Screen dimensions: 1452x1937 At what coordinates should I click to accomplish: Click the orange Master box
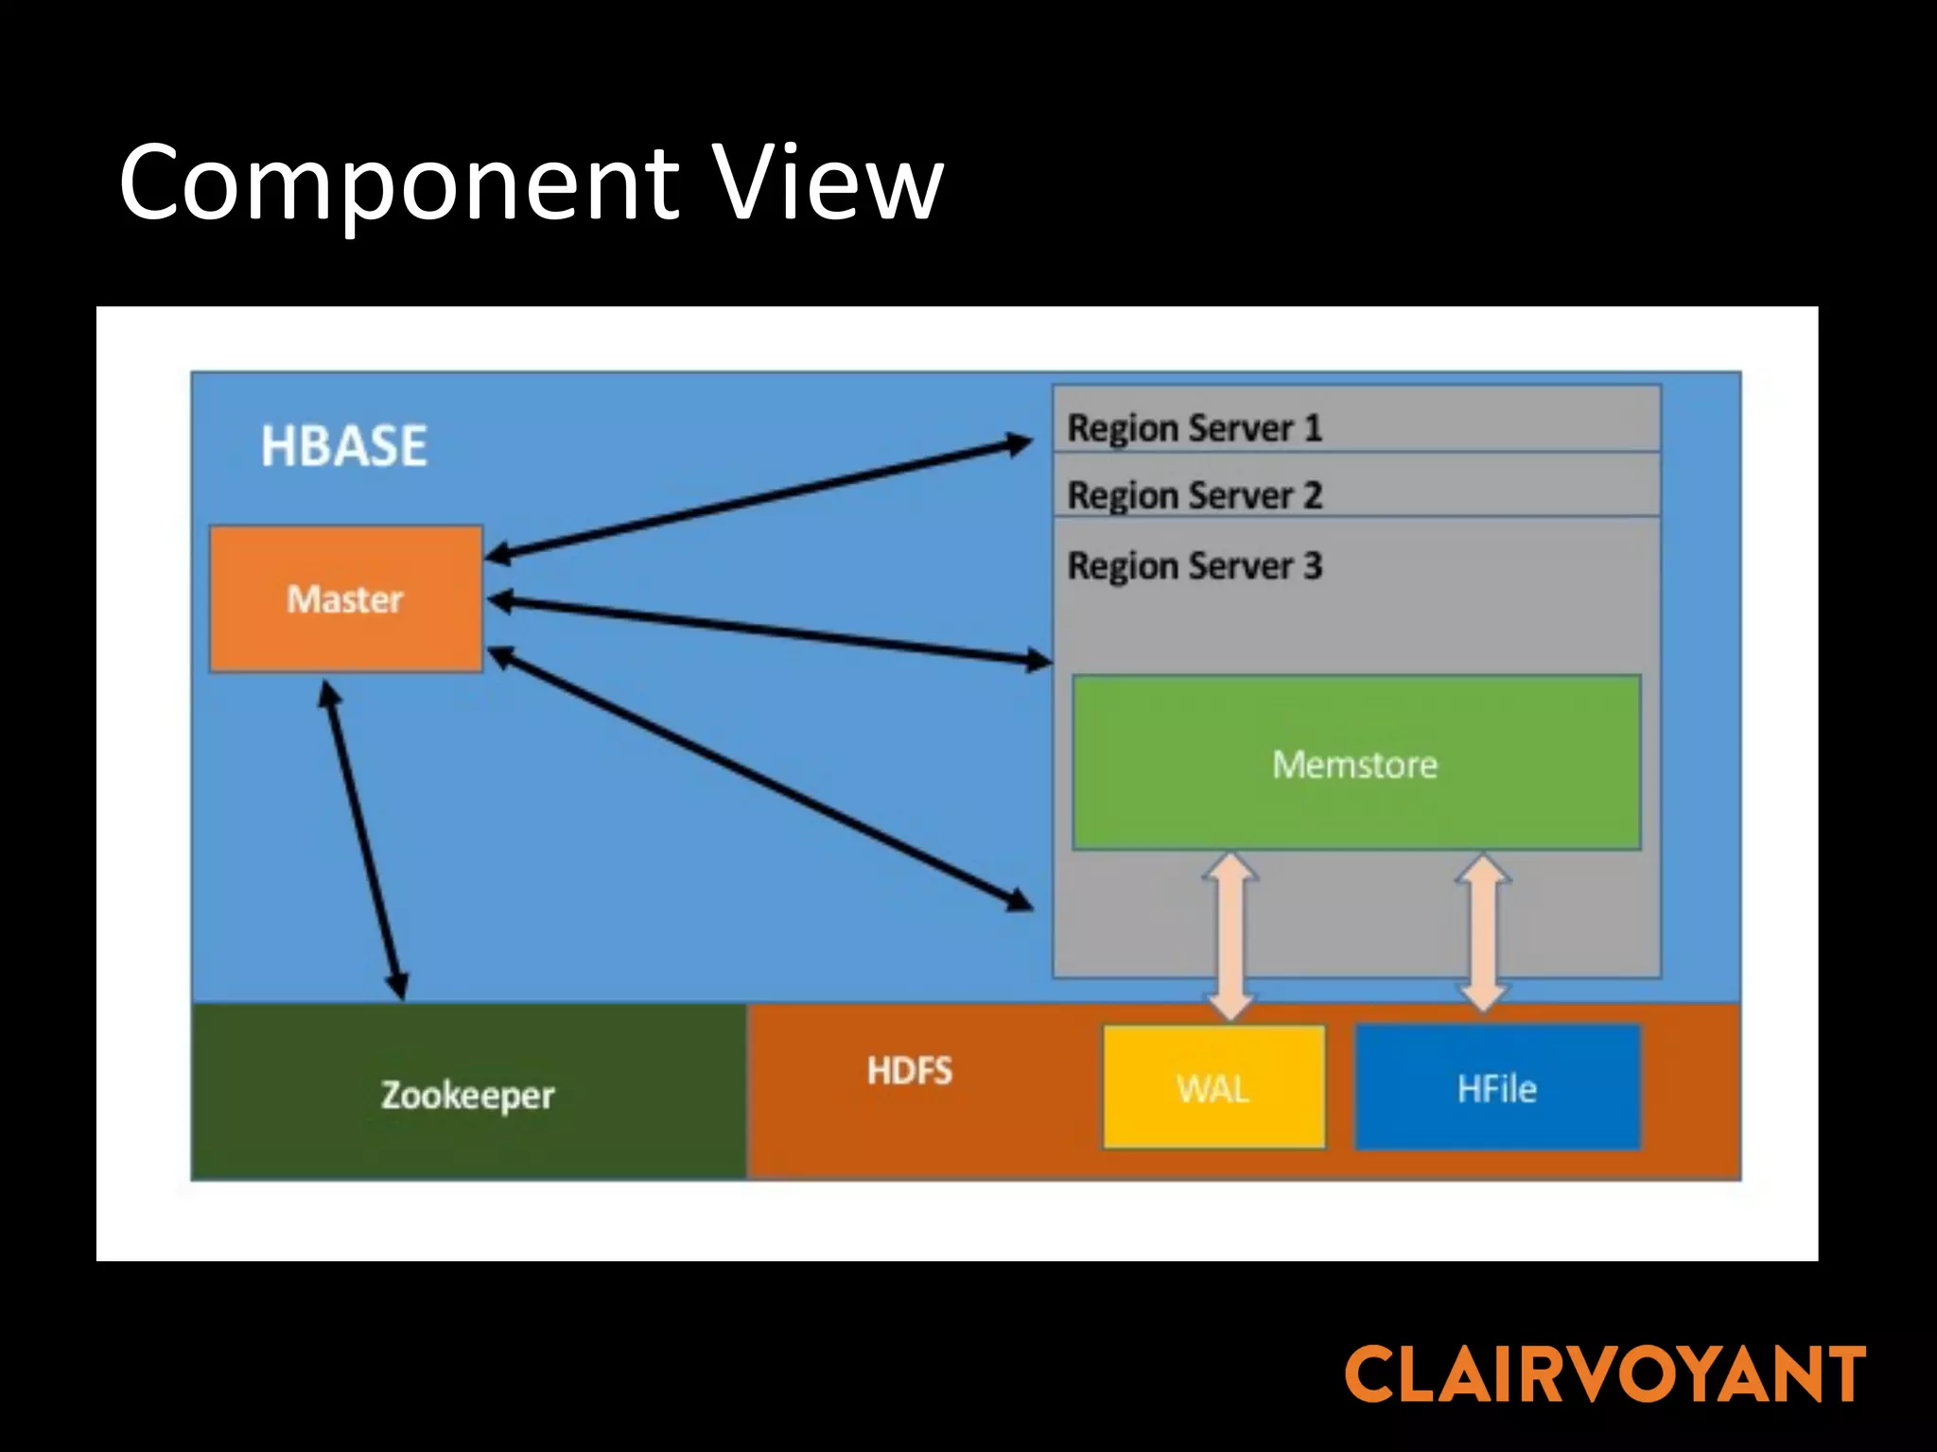tap(346, 599)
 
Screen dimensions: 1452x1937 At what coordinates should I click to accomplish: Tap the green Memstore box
tap(1355, 763)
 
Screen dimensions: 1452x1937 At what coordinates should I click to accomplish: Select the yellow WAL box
tap(1213, 1087)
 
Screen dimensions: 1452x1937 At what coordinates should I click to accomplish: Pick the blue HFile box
tap(1497, 1087)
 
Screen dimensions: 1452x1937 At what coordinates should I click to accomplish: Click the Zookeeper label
tap(467, 1095)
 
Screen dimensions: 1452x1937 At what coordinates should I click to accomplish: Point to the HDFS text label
tap(909, 1070)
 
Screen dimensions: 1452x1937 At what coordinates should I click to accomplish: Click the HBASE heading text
tap(343, 445)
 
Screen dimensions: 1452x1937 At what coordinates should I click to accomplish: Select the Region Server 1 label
tap(1194, 427)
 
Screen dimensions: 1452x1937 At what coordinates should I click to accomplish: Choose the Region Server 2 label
tap(1194, 494)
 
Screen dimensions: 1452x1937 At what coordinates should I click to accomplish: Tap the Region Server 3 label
tap(1194, 565)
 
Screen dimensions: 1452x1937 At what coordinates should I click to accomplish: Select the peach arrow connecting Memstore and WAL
tap(1230, 936)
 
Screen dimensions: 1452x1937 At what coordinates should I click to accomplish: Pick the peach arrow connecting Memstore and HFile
tap(1482, 933)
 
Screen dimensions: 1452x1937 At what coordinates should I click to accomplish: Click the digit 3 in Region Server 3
tap(1312, 565)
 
